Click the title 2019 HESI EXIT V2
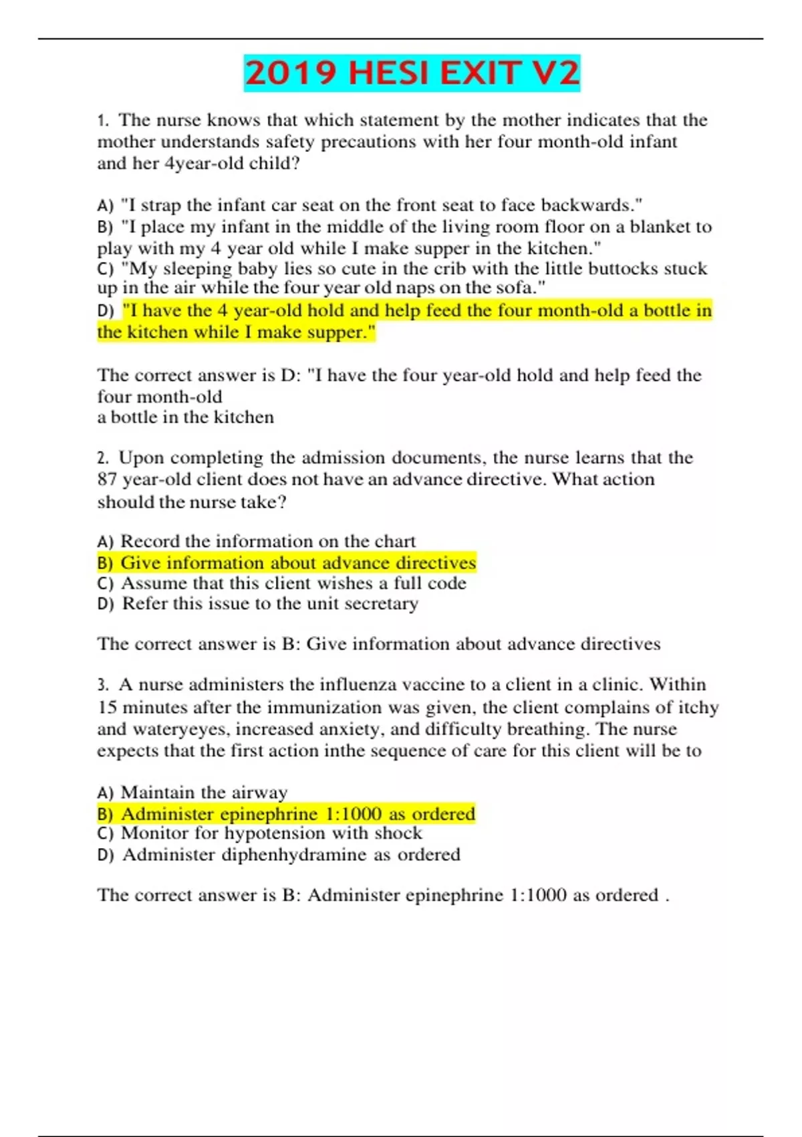tap(412, 73)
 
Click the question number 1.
tap(102, 120)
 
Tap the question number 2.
tap(102, 458)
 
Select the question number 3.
tap(102, 685)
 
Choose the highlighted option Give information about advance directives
tap(297, 562)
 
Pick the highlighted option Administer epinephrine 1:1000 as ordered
tap(297, 814)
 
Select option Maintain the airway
tap(204, 793)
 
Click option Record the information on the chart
tap(267, 541)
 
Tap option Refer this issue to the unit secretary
tap(269, 603)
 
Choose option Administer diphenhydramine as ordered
tap(291, 855)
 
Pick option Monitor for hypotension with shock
tap(271, 833)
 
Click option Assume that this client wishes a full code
tap(293, 583)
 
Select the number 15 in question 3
tap(107, 707)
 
